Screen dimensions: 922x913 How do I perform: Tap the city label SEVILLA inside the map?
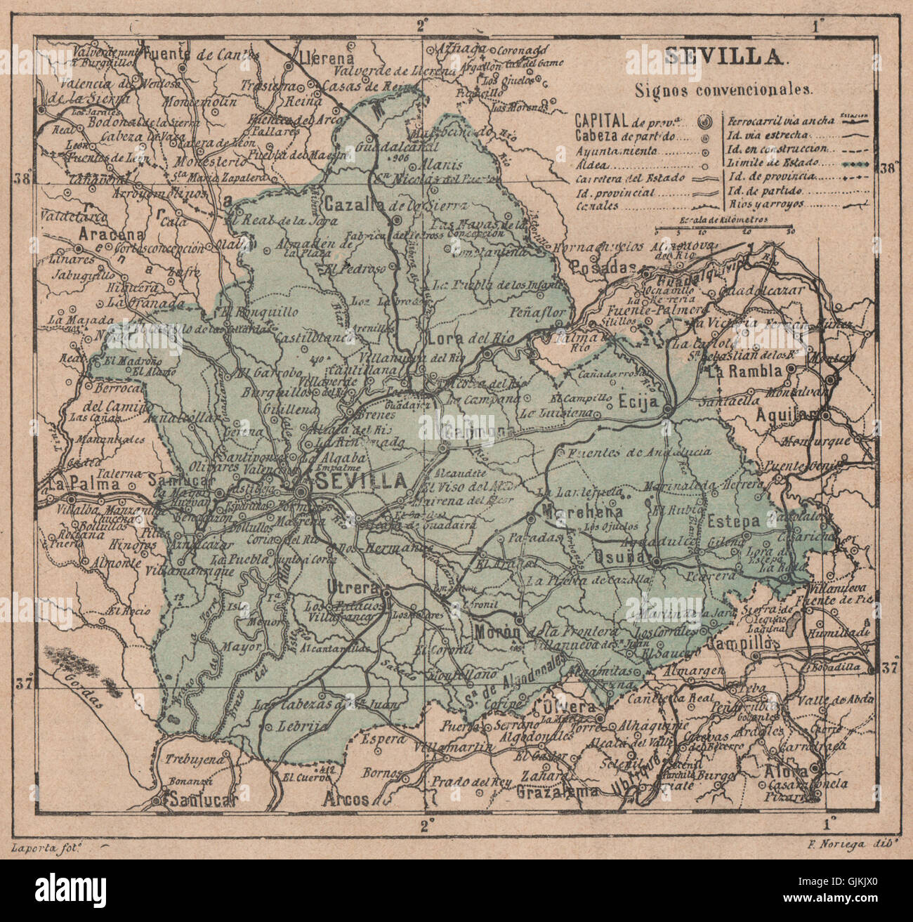pos(361,481)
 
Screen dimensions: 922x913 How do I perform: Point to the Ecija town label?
pos(638,402)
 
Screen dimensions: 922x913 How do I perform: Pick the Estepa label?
pos(733,522)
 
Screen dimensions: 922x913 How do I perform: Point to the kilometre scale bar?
pos(723,227)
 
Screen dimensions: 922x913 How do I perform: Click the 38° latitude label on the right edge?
pos(888,168)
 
